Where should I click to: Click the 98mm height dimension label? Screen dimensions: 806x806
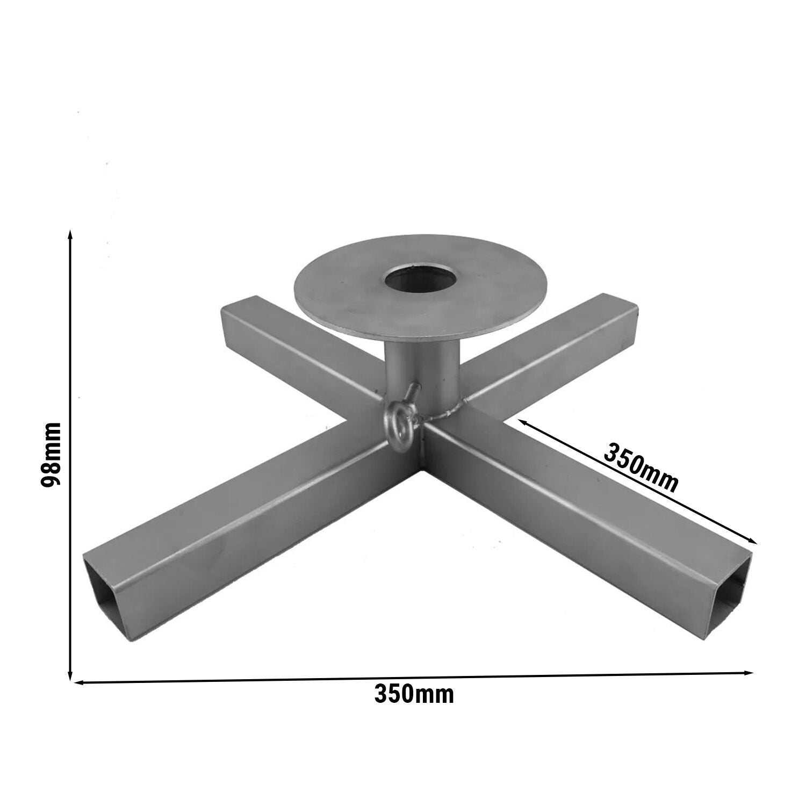(52, 454)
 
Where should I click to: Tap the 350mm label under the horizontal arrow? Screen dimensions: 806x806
(414, 694)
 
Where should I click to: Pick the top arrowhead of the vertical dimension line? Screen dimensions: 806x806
(70, 235)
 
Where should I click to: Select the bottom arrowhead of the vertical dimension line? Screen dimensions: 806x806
(70, 673)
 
